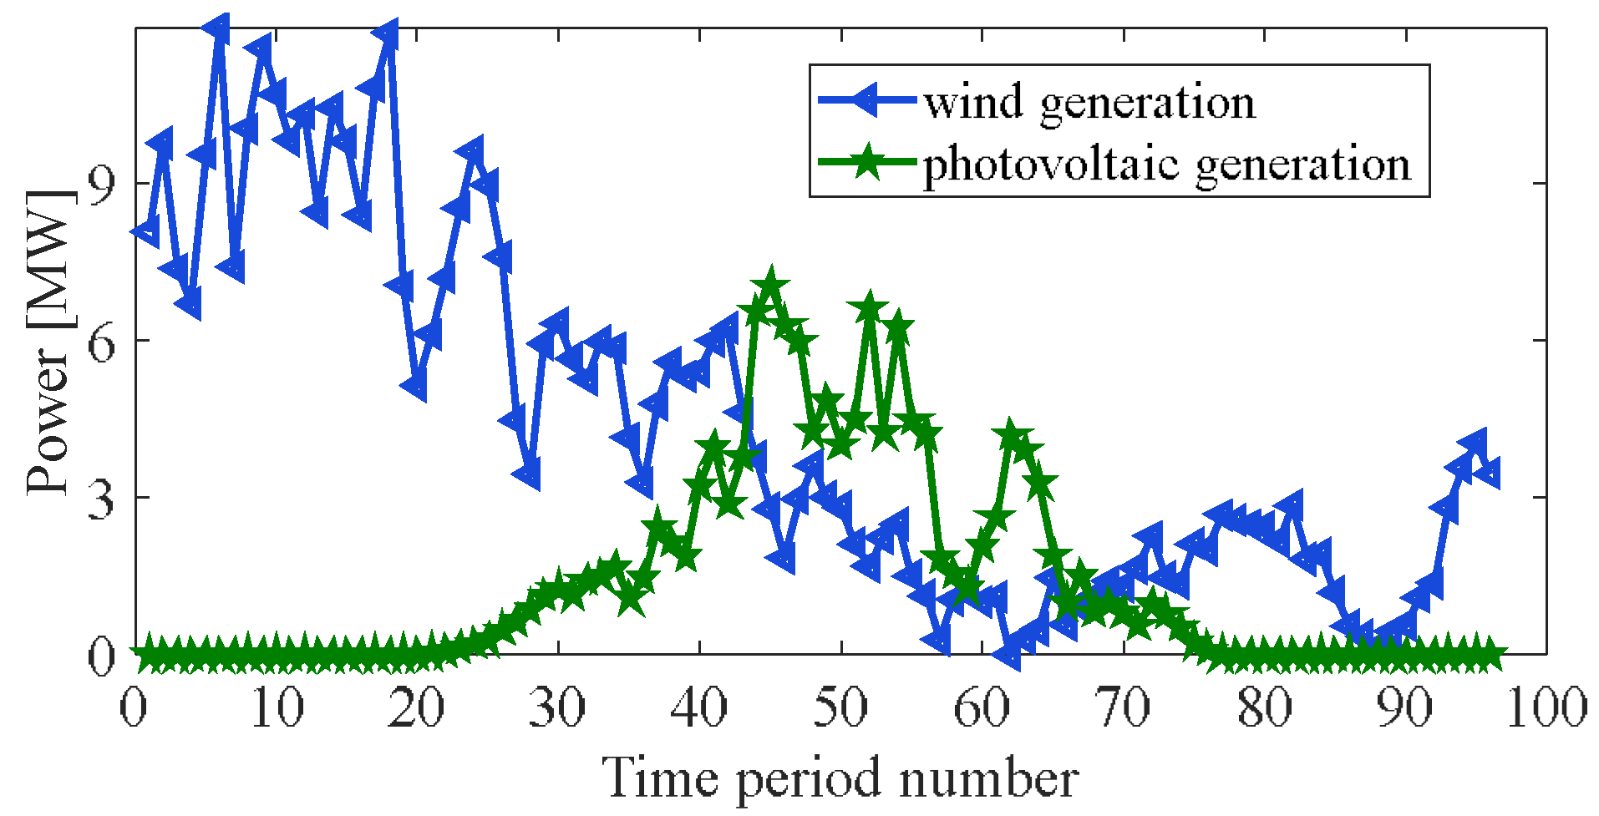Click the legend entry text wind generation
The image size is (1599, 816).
[x=1089, y=103]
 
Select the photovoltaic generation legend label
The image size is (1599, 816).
[x=1166, y=165]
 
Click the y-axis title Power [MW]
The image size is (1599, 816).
[x=48, y=342]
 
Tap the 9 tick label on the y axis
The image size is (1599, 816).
[x=101, y=185]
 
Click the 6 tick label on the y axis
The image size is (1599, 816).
[x=101, y=341]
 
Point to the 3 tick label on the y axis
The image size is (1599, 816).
[x=101, y=498]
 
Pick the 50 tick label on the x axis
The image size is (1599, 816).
[x=840, y=707]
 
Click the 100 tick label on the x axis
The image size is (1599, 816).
[x=1546, y=707]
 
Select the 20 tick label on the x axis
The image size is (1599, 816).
[x=415, y=707]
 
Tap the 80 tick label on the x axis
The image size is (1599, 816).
[x=1263, y=707]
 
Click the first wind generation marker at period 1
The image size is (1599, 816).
[x=147, y=230]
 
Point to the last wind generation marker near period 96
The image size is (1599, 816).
[x=1489, y=473]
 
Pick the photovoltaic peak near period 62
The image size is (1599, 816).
[x=1011, y=435]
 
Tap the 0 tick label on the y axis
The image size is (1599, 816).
[x=101, y=656]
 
